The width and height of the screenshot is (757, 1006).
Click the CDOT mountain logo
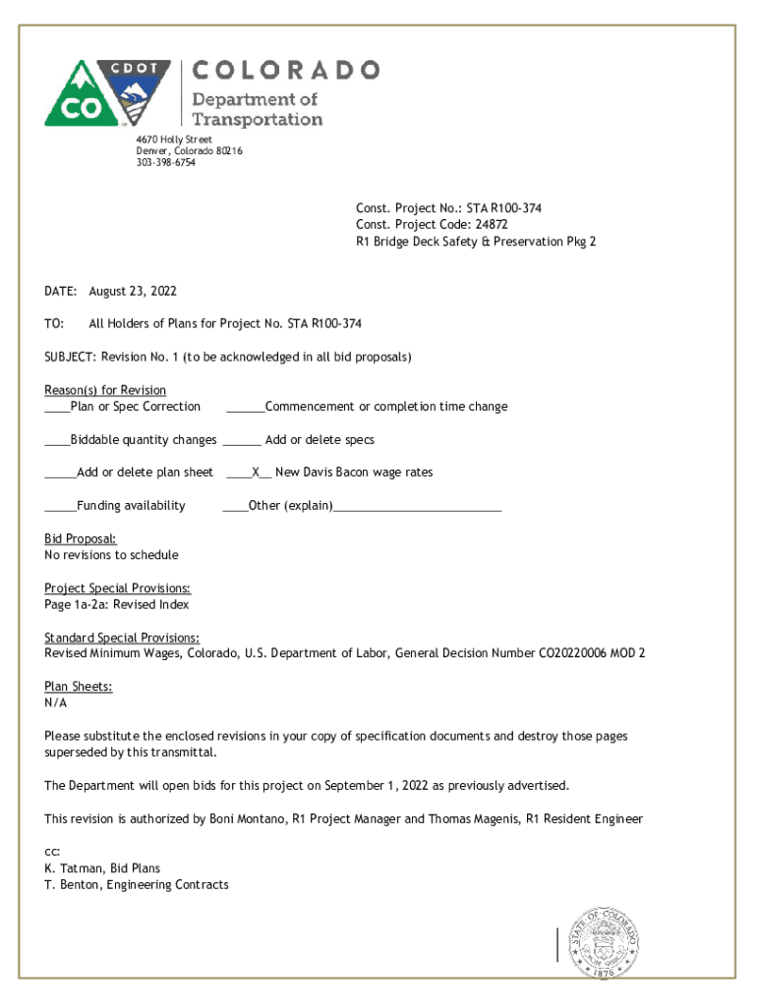click(x=107, y=93)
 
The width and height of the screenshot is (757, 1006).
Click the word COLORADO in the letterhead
click(x=285, y=70)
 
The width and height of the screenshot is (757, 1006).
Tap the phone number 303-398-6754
click(x=165, y=163)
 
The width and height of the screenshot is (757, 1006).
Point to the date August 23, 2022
click(x=133, y=292)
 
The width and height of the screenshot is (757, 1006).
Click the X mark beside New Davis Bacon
click(x=255, y=473)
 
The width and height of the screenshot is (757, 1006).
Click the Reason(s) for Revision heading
click(x=105, y=390)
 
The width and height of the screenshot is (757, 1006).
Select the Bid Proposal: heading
click(x=81, y=538)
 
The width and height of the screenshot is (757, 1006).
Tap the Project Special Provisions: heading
click(x=118, y=588)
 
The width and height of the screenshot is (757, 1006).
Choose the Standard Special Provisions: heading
click(x=122, y=638)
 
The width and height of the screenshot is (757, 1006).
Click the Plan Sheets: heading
click(x=79, y=687)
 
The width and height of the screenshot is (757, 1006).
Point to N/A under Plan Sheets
click(x=56, y=703)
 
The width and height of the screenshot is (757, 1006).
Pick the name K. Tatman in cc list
click(x=73, y=868)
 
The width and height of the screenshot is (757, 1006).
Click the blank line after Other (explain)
click(x=418, y=506)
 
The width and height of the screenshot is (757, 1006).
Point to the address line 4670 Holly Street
click(x=174, y=140)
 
